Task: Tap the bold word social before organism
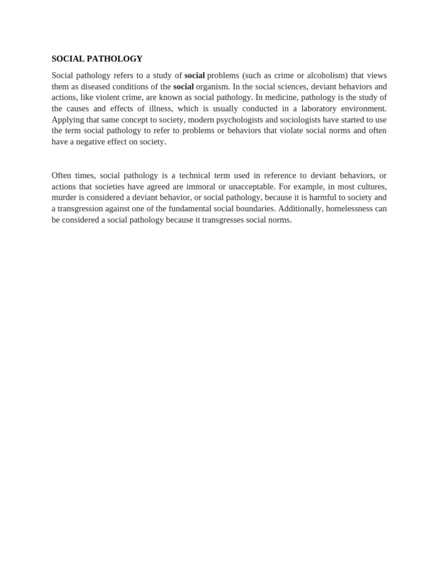pos(183,86)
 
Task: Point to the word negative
pos(87,141)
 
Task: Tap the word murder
pos(64,197)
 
